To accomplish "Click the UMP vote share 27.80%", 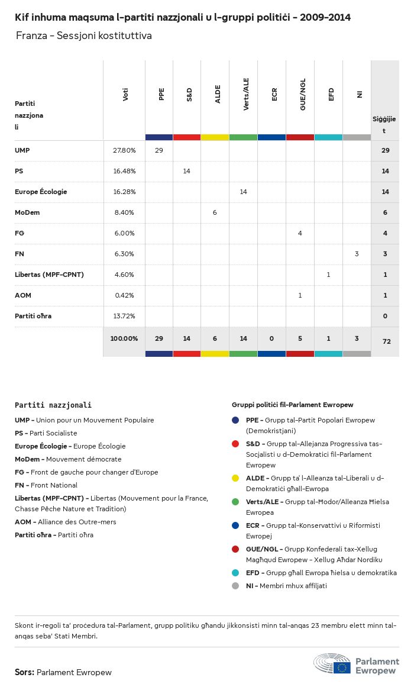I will point(124,150).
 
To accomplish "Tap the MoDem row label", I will point(27,212).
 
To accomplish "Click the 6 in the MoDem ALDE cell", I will point(215,212).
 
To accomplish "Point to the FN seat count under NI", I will point(357,254).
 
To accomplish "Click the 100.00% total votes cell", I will point(124,338).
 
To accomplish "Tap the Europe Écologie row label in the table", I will point(41,192).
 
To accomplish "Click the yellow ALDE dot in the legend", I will point(236,478).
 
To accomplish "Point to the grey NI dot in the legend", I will point(236,586).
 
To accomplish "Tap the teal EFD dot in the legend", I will point(236,573).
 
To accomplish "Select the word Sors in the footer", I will point(24,672).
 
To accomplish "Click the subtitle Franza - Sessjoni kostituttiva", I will point(84,36).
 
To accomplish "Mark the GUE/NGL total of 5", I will point(300,338).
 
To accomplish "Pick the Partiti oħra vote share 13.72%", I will point(124,316).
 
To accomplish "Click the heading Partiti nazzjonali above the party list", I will point(53,405).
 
